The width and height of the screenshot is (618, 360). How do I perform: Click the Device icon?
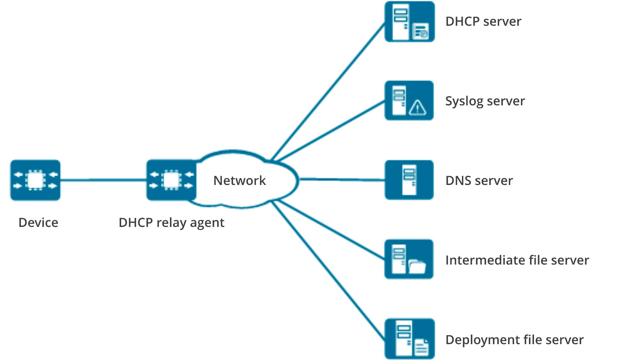point(35,180)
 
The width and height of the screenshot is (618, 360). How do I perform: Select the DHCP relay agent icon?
point(171,180)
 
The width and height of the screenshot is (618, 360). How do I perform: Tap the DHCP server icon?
point(410,21)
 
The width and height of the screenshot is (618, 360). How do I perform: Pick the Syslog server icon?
point(409,101)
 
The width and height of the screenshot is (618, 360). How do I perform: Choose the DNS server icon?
point(409,180)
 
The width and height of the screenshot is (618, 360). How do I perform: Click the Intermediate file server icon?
point(409,259)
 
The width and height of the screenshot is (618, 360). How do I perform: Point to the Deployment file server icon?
point(410,339)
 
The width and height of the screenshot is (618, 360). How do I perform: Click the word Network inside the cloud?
point(240,181)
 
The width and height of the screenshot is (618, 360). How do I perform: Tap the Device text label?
point(38,223)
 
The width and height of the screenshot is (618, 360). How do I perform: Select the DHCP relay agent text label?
point(172,223)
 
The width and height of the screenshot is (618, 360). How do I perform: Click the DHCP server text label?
point(483,21)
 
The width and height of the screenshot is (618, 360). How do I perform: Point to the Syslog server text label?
point(485,101)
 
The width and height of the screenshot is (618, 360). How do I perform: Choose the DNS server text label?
point(479,181)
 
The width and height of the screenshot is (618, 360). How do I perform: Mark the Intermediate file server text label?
point(517,260)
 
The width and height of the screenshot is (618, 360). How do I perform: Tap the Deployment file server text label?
point(515,340)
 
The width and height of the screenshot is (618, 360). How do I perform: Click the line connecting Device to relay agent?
point(103,180)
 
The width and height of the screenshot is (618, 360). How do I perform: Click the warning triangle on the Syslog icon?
point(418,107)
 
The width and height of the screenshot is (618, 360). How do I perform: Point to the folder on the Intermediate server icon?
point(417,267)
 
